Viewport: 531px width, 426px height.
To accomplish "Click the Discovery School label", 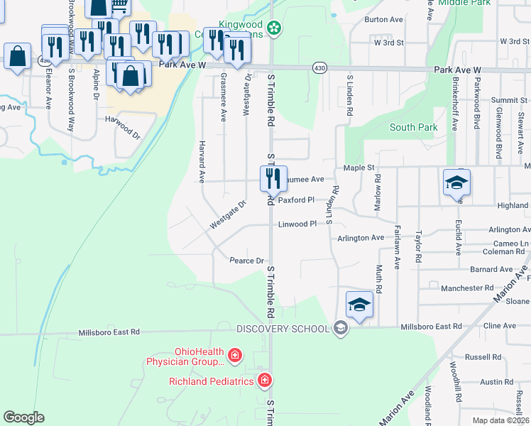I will click(283, 328).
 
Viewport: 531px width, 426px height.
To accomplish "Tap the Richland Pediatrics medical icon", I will click(265, 381).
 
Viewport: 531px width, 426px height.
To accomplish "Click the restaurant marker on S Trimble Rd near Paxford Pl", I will click(273, 178).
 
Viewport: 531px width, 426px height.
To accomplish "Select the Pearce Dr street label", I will click(246, 261).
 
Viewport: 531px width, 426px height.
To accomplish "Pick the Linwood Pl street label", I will click(296, 224).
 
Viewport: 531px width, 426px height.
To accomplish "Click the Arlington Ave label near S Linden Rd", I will click(360, 239).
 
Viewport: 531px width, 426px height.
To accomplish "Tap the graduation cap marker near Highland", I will click(456, 182).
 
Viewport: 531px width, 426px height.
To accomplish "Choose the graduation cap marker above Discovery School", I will click(359, 305).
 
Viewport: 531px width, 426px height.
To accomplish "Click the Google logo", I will click(24, 417).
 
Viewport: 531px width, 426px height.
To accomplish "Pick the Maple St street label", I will click(358, 168).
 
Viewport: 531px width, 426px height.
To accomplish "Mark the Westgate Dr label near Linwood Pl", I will click(227, 215).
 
